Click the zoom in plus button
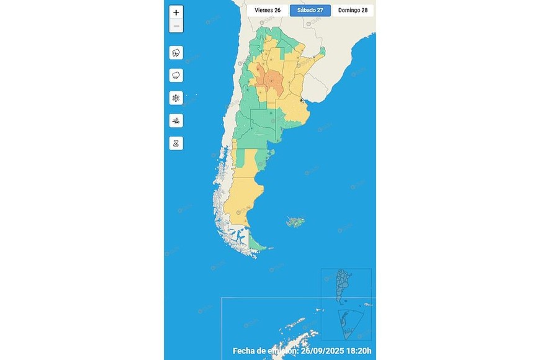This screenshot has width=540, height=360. point(176,12)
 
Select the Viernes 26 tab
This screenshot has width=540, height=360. point(268,11)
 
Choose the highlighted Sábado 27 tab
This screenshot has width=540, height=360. point(310,11)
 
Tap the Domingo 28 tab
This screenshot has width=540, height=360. point(353,11)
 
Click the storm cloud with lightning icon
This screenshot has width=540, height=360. point(176,53)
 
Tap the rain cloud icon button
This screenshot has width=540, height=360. point(176,75)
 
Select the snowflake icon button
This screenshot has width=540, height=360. point(176,98)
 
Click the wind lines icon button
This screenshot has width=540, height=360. point(176,120)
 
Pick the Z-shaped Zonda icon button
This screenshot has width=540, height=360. point(176,143)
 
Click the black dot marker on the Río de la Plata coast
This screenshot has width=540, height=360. point(302,100)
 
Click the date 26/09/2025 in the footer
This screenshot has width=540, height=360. point(323,351)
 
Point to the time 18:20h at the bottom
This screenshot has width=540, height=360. point(359,351)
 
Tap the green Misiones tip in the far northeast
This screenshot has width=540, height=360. point(322,52)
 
